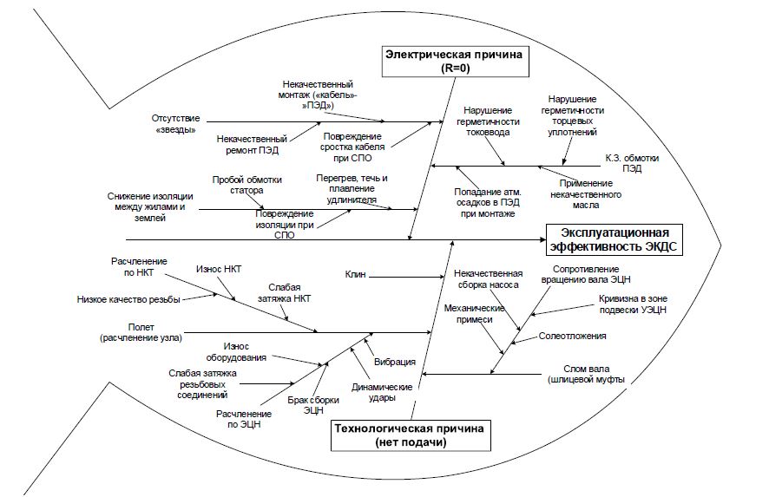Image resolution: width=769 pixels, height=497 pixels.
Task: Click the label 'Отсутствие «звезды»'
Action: pos(175,124)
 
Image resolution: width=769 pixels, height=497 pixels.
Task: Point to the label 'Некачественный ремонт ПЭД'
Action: pos(252,144)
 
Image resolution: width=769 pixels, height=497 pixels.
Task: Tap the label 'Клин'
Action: pos(355,275)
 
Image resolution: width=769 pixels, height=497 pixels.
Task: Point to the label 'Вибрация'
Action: pos(394,362)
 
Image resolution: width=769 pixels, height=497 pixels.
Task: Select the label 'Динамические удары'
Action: pos(381,392)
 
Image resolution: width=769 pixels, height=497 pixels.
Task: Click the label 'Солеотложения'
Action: pos(572,336)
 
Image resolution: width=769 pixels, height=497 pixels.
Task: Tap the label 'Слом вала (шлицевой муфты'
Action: pos(586,374)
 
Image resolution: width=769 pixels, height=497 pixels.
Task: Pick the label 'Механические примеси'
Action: pos(475,313)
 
